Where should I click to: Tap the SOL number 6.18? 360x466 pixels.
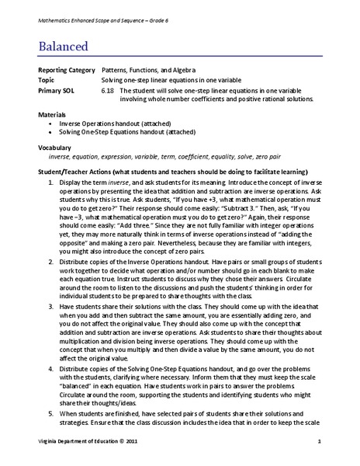click(x=107, y=90)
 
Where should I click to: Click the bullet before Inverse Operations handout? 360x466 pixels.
click(x=51, y=123)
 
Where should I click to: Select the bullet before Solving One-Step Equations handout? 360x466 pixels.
click(x=51, y=132)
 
